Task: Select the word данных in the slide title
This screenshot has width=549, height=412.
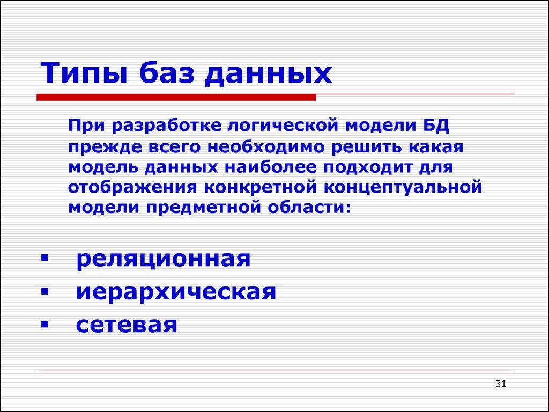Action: click(x=270, y=74)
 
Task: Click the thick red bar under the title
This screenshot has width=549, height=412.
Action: click(x=176, y=97)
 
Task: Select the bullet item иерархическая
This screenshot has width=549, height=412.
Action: click(x=176, y=293)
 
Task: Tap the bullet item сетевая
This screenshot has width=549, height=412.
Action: click(x=127, y=325)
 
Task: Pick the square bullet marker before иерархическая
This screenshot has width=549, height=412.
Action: click(x=43, y=293)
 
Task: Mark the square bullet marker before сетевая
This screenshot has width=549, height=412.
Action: click(x=43, y=325)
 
